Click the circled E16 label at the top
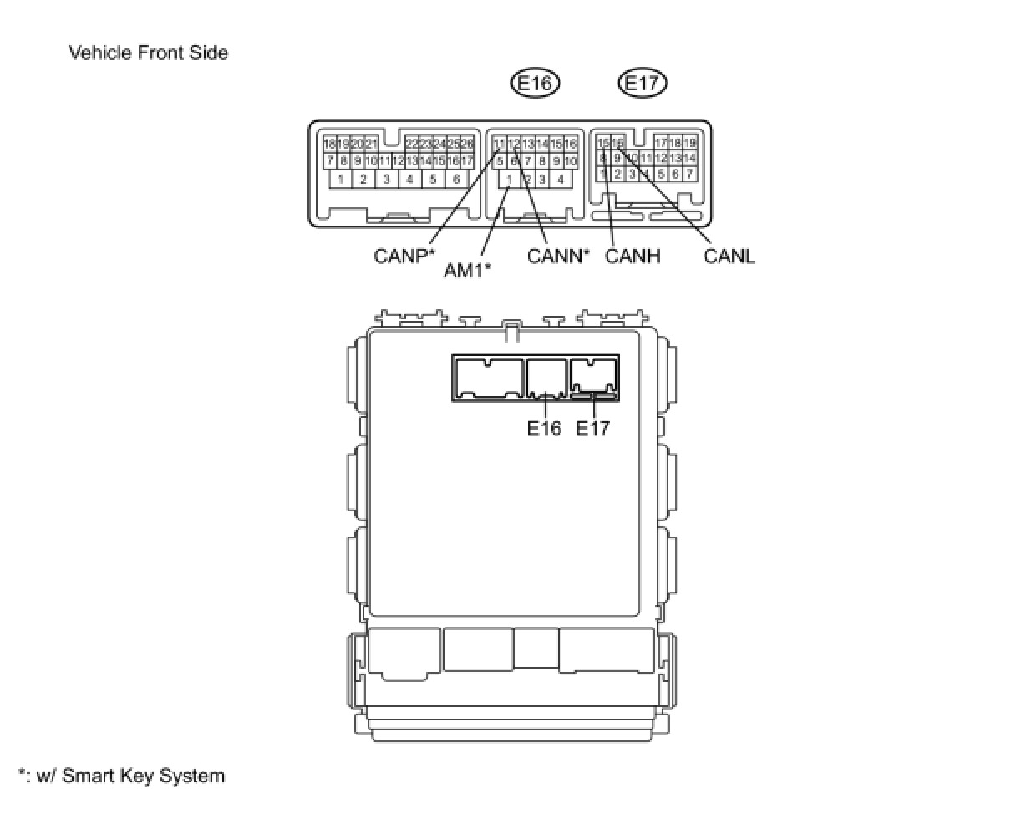click(535, 83)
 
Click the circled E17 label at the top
click(643, 83)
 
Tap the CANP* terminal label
click(405, 256)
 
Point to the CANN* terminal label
click(558, 256)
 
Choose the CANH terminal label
click(633, 256)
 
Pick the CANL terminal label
click(729, 256)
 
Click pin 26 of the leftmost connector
click(466, 145)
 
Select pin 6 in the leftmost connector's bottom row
click(455, 179)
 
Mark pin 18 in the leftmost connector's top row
click(330, 145)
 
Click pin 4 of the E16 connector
click(561, 179)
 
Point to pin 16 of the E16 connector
click(570, 145)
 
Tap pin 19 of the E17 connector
click(689, 144)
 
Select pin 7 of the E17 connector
click(689, 174)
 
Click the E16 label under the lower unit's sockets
click(544, 429)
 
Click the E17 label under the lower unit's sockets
click(592, 429)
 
